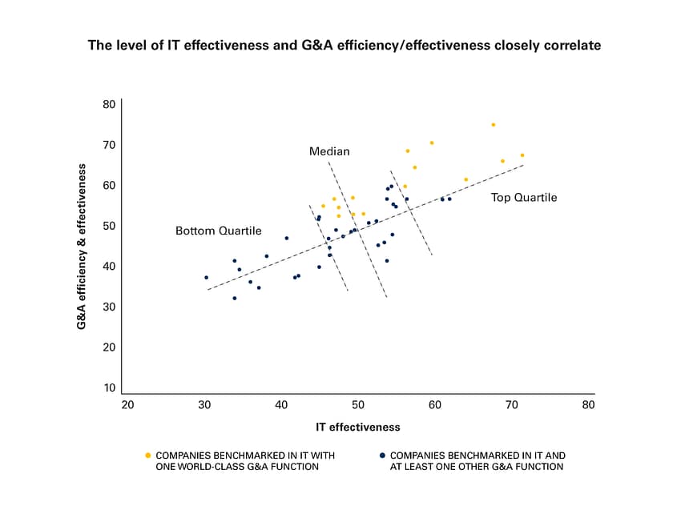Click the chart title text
(x=344, y=46)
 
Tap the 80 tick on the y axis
(x=109, y=104)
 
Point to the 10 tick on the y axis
(x=109, y=388)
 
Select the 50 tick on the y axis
(x=109, y=226)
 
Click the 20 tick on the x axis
(x=127, y=405)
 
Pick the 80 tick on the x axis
(x=589, y=405)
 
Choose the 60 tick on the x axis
(x=435, y=405)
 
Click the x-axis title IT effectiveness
(x=358, y=427)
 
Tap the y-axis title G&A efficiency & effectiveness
(x=82, y=247)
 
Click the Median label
(x=329, y=151)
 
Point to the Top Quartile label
(x=523, y=198)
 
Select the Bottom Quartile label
(x=218, y=231)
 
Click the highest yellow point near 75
(x=494, y=125)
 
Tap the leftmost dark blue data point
(x=207, y=278)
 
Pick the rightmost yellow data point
(x=522, y=155)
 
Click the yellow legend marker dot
(x=147, y=456)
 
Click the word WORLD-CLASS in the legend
(x=212, y=467)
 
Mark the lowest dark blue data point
(x=235, y=299)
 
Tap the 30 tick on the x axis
(x=204, y=405)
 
